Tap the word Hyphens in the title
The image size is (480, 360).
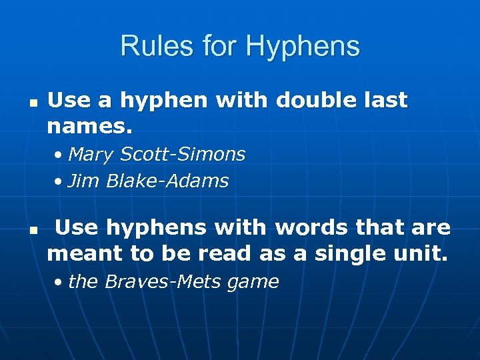point(303,47)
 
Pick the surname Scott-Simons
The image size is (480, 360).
point(183,155)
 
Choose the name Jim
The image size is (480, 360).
point(83,181)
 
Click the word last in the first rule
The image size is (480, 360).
point(382,101)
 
